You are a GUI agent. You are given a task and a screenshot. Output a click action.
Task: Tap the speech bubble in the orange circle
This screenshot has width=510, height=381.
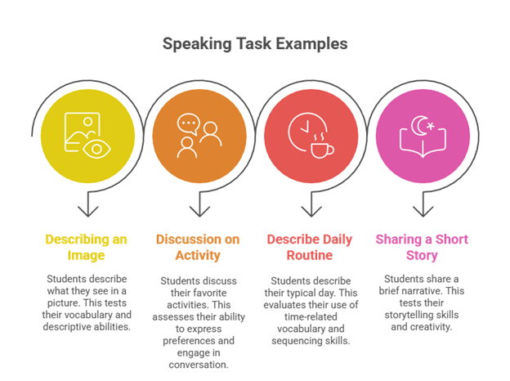pyautogui.click(x=188, y=124)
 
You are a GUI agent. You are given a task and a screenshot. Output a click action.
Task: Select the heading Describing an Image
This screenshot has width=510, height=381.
pyautogui.click(x=86, y=247)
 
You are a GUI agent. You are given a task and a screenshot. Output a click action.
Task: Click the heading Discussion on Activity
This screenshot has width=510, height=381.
pyautogui.click(x=199, y=247)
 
